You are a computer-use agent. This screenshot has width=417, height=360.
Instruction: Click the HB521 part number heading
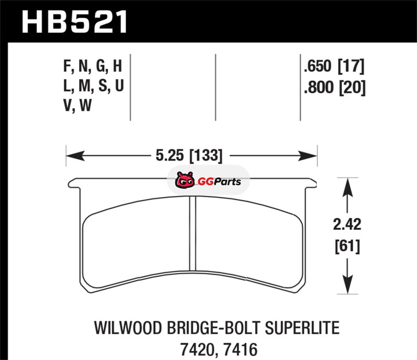75,22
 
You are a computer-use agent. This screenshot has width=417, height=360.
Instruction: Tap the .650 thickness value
318,66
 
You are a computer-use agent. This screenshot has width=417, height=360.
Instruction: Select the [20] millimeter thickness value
353,88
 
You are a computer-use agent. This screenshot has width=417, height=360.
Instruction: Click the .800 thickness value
318,88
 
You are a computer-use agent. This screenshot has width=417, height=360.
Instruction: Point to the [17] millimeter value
351,66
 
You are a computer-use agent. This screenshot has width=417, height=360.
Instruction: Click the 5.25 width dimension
169,155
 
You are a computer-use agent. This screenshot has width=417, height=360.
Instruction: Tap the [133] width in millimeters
205,155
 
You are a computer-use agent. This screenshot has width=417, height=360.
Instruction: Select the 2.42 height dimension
347,224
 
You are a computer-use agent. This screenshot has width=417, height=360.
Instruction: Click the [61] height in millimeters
347,246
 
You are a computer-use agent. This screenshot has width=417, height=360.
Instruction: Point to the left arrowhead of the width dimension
75,156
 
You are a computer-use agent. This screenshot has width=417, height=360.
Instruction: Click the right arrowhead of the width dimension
308,156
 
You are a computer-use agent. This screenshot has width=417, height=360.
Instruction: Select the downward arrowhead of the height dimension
347,285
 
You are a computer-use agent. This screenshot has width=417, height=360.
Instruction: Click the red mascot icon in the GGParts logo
185,180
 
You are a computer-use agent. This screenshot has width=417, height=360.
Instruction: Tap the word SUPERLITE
302,328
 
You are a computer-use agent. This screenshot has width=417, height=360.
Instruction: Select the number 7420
197,350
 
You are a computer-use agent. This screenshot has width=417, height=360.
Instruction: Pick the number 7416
240,350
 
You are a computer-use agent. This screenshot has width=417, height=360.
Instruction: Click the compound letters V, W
77,105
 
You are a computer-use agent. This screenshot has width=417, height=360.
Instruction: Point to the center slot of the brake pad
192,232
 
